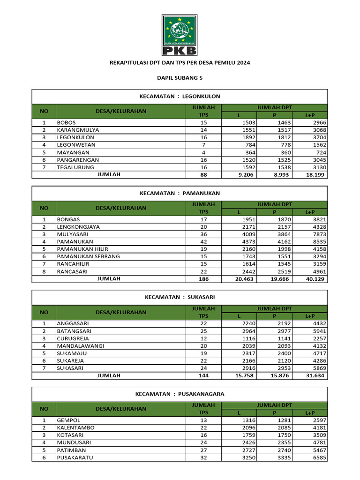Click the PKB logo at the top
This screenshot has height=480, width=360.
(180, 35)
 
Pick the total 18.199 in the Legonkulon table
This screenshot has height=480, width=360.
(316, 174)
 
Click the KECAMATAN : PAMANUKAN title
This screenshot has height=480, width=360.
(180, 193)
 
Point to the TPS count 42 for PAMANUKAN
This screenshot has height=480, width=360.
(203, 241)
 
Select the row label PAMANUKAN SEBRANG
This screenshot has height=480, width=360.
(88, 256)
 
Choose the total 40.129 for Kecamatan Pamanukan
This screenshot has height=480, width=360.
(316, 279)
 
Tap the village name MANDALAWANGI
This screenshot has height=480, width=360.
(80, 346)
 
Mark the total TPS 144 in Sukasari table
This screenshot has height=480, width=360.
(203, 375)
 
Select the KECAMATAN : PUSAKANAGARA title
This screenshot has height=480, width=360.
(180, 394)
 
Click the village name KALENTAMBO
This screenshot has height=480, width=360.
(75, 427)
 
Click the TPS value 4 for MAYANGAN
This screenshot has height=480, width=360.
(203, 152)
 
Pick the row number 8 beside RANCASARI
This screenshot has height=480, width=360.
(44, 271)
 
